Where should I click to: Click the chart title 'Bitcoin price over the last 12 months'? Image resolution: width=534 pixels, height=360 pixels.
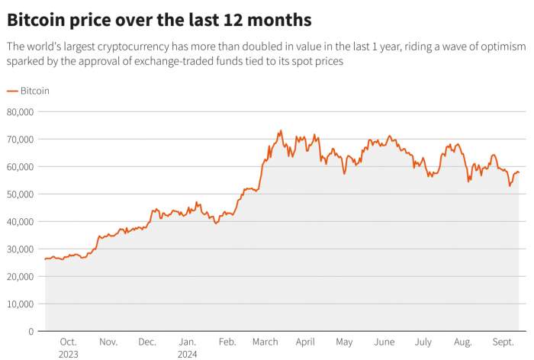tap(159, 18)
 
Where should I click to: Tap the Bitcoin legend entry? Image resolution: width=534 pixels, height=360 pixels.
tap(28, 90)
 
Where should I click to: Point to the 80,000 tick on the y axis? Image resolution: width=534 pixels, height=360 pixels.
tap(20, 111)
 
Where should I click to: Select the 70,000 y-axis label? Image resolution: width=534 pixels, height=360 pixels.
tap(20, 139)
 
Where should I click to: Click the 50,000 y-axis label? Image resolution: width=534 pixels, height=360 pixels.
tap(20, 194)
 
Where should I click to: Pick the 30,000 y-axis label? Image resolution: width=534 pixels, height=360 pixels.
tap(20, 249)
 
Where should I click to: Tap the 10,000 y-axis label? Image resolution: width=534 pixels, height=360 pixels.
tap(20, 304)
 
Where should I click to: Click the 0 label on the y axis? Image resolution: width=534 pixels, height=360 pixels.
tap(31, 331)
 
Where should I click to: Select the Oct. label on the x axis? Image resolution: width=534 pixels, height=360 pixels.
tap(68, 342)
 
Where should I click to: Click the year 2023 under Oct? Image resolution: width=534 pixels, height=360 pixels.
tap(68, 354)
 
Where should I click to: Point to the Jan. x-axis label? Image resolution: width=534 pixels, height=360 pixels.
tap(187, 342)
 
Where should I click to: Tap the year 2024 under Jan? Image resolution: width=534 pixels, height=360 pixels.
tap(187, 354)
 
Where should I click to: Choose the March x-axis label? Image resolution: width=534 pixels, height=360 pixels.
tap(265, 342)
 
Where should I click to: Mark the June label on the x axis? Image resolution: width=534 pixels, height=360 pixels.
tap(385, 342)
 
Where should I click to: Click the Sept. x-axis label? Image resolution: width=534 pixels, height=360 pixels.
tap(503, 342)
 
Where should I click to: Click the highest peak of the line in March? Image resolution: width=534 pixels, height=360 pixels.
tap(281, 130)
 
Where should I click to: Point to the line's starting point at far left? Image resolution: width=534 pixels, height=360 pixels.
tap(45, 259)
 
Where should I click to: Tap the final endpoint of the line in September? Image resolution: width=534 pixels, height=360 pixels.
tap(520, 172)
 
